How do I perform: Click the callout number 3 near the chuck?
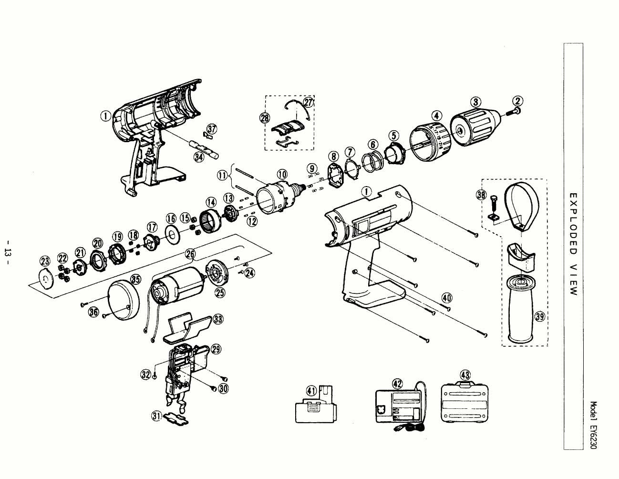point(475,102)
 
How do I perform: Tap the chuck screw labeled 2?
point(515,111)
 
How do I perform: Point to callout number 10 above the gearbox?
point(282,174)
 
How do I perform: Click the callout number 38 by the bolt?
point(481,195)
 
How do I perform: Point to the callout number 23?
point(45,261)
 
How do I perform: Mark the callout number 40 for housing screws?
point(446,298)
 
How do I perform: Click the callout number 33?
point(218,319)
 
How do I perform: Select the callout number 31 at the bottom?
point(156,416)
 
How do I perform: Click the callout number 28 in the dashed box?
point(265,117)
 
